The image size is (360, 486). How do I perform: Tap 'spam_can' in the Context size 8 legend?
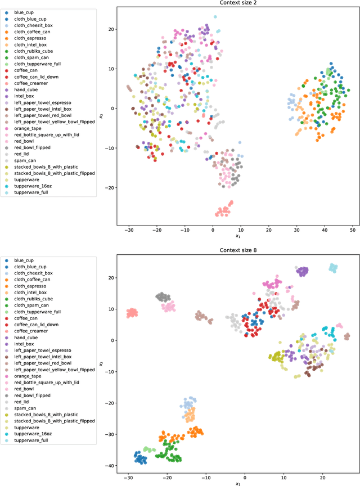point(25,408)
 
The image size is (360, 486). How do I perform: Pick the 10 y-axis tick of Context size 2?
point(111,69)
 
